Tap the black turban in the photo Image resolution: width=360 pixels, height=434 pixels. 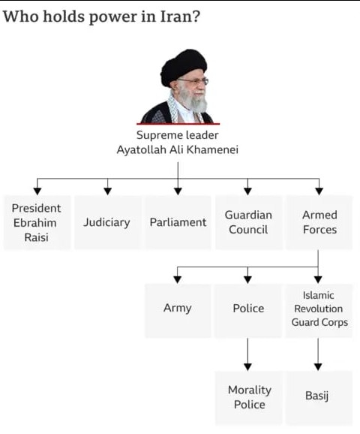183,66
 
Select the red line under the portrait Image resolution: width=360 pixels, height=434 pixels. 178,124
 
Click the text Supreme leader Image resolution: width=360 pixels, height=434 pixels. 178,135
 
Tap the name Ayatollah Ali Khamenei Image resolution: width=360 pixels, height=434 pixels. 178,149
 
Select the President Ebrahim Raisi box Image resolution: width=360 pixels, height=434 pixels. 37,222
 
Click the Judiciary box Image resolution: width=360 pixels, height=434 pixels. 107,222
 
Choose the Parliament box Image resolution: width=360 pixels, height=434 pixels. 178,222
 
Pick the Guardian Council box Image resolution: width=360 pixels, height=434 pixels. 248,222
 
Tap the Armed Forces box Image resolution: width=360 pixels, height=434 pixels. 319,222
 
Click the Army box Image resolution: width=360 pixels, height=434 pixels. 178,311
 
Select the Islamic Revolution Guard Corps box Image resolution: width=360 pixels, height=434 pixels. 319,311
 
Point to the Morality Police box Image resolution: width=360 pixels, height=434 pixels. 249,398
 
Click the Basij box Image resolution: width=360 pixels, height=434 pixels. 319,398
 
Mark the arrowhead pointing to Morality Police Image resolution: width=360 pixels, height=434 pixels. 247,367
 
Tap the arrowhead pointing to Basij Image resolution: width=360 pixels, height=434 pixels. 318,367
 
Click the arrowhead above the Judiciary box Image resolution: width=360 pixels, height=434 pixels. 107,191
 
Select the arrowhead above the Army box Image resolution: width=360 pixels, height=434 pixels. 178,279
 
